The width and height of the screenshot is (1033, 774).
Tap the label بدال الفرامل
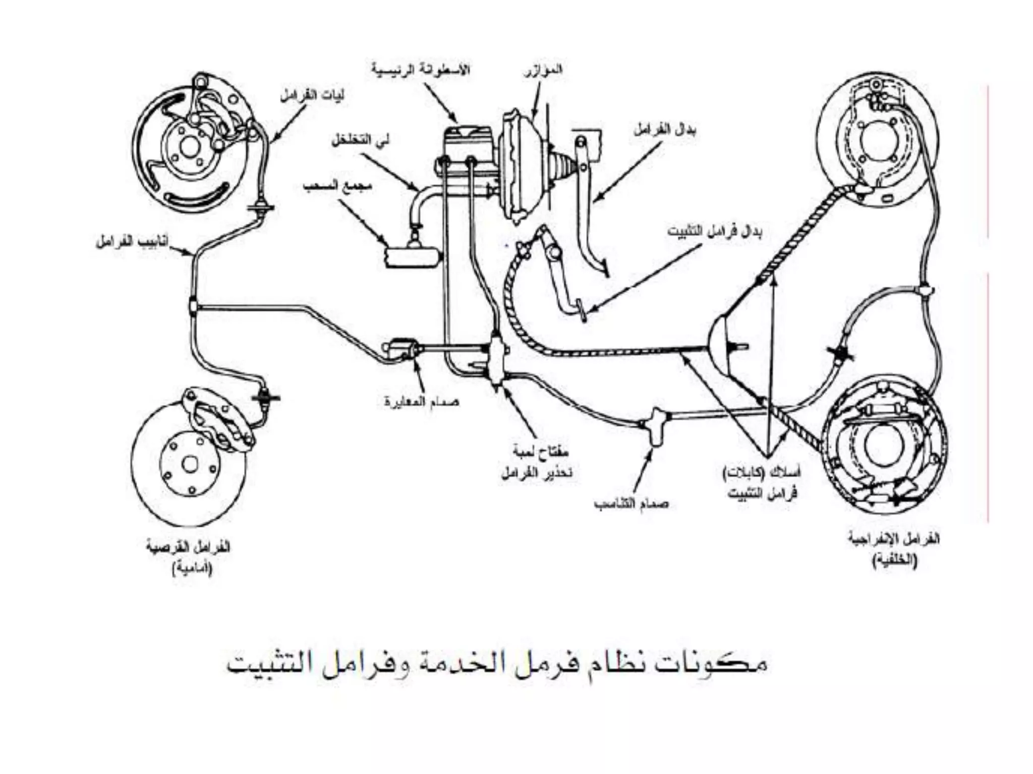click(x=665, y=131)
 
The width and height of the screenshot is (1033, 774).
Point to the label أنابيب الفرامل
click(x=133, y=242)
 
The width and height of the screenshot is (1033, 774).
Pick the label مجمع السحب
click(x=337, y=186)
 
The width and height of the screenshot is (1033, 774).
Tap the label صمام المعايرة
click(x=421, y=402)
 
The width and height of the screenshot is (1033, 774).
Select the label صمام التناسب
click(x=631, y=504)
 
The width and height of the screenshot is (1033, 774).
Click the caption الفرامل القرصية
click(x=188, y=547)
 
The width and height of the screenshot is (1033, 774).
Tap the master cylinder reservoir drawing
click(x=467, y=139)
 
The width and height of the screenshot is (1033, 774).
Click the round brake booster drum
click(x=520, y=166)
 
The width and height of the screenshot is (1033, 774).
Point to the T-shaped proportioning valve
click(x=657, y=426)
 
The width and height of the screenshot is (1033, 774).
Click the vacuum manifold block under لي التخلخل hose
click(x=411, y=257)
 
